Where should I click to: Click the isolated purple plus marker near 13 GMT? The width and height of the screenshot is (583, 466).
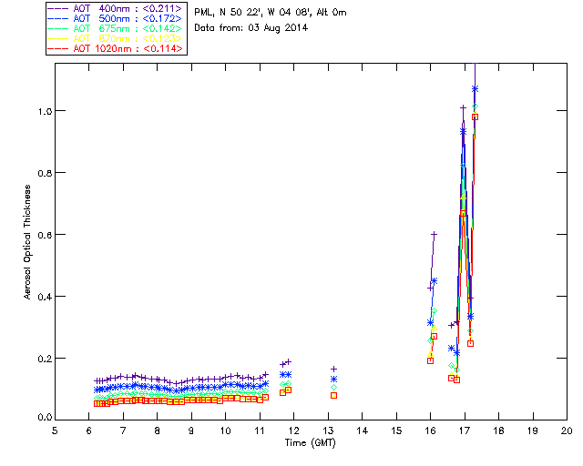coord(333,369)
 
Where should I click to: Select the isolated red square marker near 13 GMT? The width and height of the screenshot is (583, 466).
coord(333,395)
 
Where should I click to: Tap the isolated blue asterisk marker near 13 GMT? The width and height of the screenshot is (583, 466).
coord(333,379)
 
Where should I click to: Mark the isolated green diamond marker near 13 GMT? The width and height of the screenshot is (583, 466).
coord(333,387)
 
